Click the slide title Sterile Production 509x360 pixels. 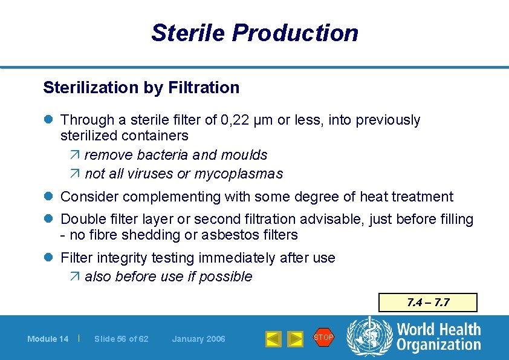click(x=254, y=33)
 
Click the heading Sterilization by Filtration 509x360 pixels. click(x=141, y=88)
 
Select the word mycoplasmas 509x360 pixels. click(x=239, y=174)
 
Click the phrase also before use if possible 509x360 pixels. click(x=168, y=277)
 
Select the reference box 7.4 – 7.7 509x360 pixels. click(x=427, y=303)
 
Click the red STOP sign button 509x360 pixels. click(x=323, y=338)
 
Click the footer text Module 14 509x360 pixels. click(x=48, y=339)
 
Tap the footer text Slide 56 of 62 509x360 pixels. click(x=122, y=339)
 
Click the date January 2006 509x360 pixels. click(x=198, y=339)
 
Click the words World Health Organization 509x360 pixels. click(x=438, y=338)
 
